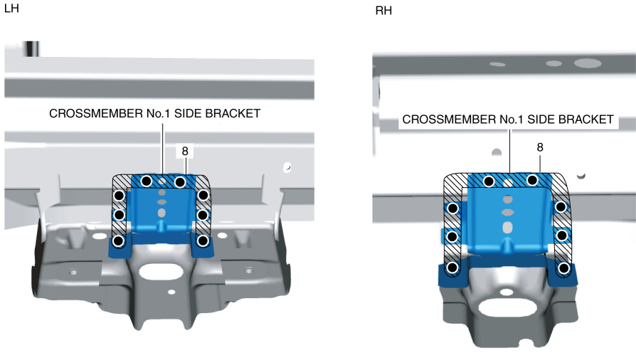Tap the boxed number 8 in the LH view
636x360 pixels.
coord(185,151)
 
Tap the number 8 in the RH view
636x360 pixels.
coord(540,147)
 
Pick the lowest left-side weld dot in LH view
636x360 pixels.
coord(120,241)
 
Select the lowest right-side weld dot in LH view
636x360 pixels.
coord(203,241)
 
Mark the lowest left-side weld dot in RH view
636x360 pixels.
coord(452,268)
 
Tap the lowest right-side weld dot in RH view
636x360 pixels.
coord(564,268)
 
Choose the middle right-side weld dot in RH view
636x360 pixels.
coord(562,235)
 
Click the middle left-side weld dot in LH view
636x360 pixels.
coord(120,214)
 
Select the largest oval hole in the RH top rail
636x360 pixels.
coord(587,63)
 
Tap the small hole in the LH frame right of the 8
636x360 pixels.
coord(287,167)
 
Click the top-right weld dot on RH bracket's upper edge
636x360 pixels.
coord(531,181)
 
